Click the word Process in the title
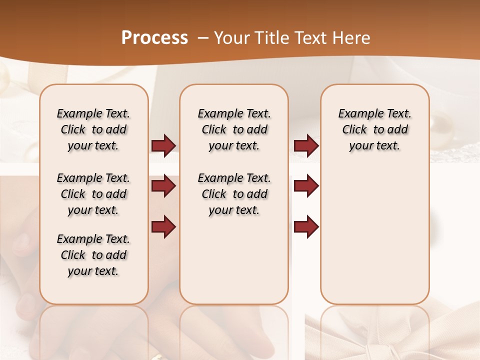154,37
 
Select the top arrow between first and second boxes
163,146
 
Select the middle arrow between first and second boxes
163,186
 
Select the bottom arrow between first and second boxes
163,227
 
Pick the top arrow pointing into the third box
306,146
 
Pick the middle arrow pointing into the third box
306,186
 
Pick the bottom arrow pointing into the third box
306,227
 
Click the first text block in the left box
93,129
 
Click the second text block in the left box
93,194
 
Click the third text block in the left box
93,255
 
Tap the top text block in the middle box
234,129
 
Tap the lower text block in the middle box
234,194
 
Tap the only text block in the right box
374,129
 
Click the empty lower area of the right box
374,240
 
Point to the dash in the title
203,38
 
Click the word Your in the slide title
231,37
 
